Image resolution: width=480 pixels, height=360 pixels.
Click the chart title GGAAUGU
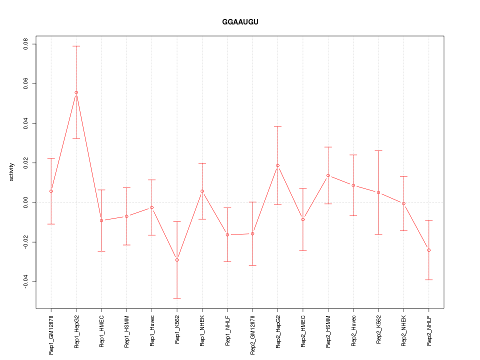(240, 22)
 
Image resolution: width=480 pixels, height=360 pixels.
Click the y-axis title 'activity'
(11, 172)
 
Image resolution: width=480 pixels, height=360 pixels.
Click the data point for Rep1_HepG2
(76, 92)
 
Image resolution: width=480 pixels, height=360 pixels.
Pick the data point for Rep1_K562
(177, 260)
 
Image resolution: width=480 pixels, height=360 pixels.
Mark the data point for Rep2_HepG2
(277, 165)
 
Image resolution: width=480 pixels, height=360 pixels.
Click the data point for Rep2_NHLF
(428, 250)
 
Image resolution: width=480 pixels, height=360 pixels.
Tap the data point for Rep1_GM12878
(51, 191)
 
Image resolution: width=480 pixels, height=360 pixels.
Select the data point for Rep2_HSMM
(328, 175)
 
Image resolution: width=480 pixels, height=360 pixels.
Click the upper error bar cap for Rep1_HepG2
(76, 46)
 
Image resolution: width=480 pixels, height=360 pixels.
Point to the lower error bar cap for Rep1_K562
(177, 298)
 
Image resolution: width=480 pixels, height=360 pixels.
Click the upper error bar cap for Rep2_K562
(378, 150)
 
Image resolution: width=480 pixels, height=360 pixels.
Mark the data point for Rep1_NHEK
(202, 191)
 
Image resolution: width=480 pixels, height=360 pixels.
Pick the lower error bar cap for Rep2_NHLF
(428, 279)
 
